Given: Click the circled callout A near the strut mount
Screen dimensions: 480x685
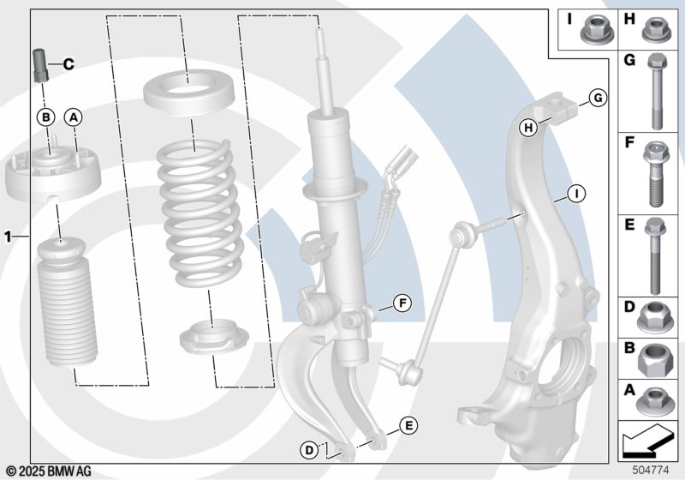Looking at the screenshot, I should tap(74, 116).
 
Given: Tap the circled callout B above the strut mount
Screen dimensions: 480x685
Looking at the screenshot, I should tap(46, 116).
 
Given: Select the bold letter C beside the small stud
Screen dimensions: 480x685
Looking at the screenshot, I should tap(68, 63).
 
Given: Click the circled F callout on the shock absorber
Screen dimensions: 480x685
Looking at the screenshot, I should tap(402, 302).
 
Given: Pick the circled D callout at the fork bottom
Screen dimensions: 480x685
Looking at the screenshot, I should tap(307, 447).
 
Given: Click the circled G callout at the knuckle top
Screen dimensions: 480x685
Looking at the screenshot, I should tap(597, 99).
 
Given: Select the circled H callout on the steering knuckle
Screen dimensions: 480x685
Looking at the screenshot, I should tap(529, 128).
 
